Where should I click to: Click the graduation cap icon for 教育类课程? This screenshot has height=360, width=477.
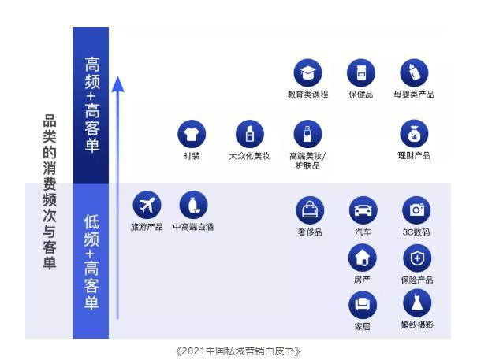307,73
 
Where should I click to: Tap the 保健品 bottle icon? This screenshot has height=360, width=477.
361,73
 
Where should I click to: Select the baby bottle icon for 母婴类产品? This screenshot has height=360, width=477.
414,73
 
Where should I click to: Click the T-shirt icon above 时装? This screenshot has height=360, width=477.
192,134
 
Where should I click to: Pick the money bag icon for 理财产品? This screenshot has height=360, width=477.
414,134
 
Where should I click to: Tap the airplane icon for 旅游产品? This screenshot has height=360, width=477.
147,205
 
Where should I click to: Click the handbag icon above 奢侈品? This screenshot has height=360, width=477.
310,210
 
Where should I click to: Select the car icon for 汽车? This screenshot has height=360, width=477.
363,210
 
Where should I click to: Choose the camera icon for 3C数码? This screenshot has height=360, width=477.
416,210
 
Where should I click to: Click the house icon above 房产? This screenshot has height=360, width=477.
363,258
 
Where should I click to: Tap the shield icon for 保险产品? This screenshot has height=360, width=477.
417,258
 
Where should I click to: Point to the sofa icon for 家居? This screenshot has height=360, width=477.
363,305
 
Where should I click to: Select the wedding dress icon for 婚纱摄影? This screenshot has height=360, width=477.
417,303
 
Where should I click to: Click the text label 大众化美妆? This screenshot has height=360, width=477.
249,156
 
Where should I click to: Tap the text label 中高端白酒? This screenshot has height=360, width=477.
193,227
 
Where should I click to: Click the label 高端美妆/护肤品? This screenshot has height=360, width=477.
307,161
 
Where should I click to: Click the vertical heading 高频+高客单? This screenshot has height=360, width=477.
92,105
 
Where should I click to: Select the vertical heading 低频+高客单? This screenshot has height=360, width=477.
91,262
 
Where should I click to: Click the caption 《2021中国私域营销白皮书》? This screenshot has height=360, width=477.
238,351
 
